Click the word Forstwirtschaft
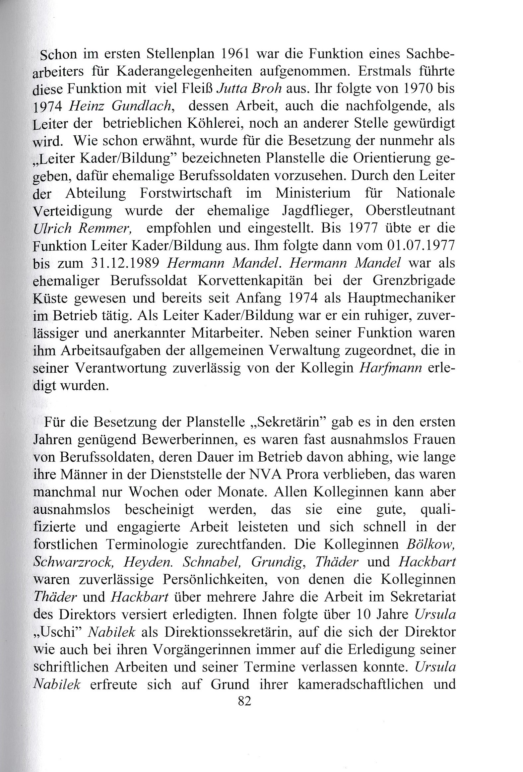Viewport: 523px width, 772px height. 186,193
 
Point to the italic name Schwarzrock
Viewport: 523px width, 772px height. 72,561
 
